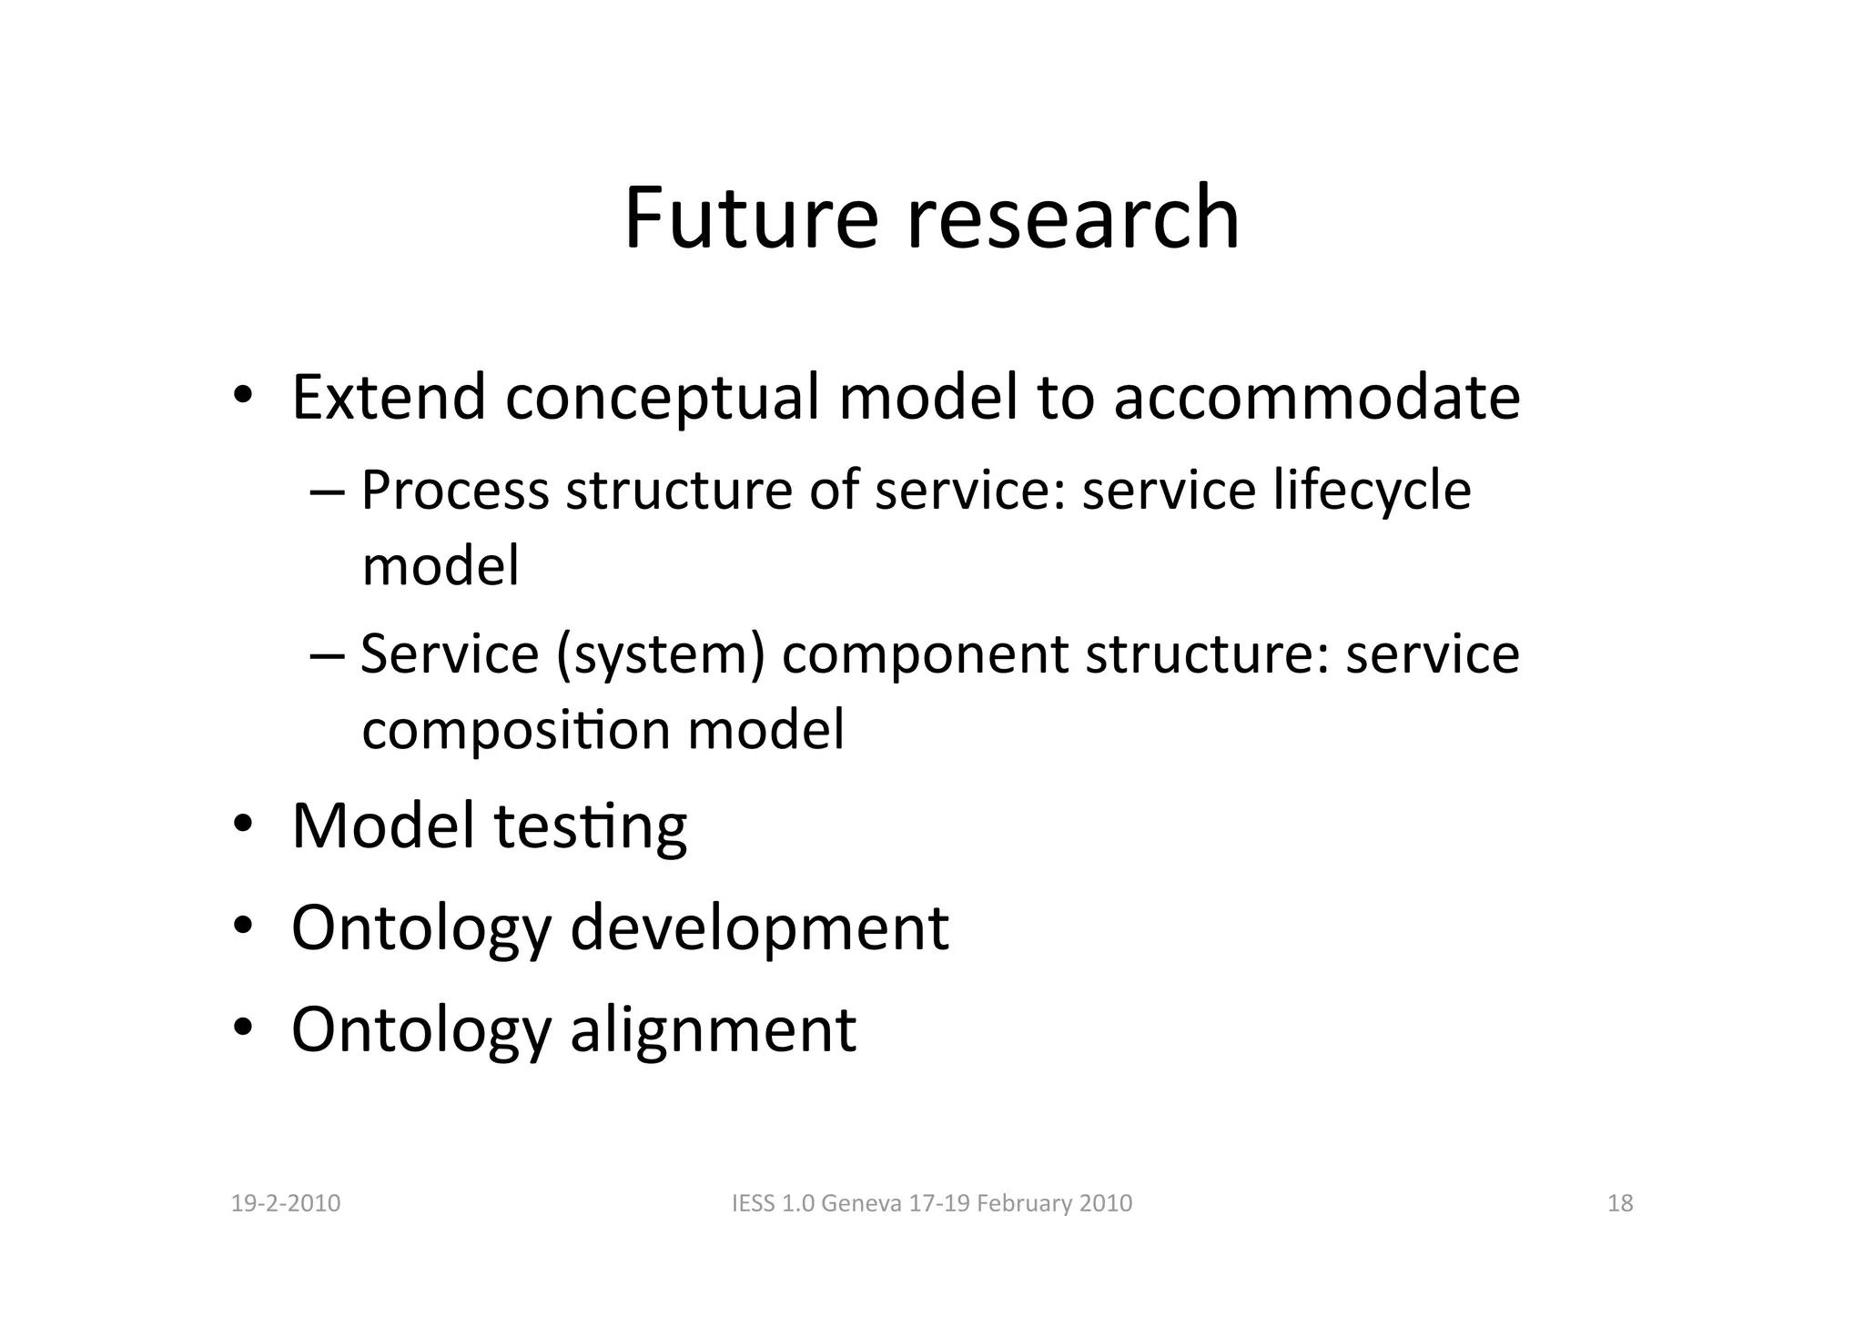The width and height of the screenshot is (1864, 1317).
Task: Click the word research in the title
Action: tap(1073, 218)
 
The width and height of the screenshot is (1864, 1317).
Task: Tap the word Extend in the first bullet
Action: tap(389, 398)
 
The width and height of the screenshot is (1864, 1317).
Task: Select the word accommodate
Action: tap(1316, 398)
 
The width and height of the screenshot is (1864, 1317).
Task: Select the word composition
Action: tap(517, 731)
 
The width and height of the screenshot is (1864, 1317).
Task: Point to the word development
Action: tap(759, 929)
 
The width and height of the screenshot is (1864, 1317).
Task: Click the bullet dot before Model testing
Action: tap(242, 826)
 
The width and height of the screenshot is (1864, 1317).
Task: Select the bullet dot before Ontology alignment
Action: tap(242, 1028)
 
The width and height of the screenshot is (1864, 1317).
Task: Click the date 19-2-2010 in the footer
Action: tap(286, 1204)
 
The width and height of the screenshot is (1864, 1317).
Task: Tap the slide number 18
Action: tap(1620, 1204)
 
